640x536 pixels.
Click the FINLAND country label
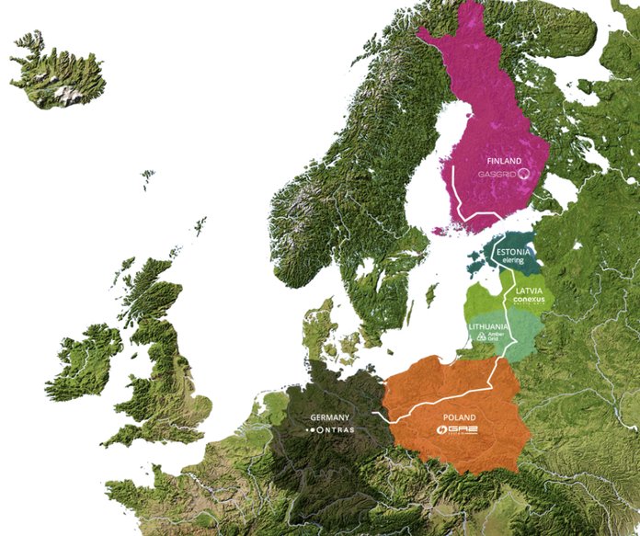pyautogui.click(x=493, y=158)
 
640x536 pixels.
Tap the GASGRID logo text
pyautogui.click(x=497, y=172)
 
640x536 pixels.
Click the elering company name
pyautogui.click(x=510, y=261)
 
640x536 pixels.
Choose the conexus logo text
pyautogui.click(x=531, y=301)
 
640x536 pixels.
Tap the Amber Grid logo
pyautogui.click(x=489, y=336)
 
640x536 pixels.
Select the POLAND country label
pyautogui.click(x=459, y=416)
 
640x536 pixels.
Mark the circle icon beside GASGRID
pyautogui.click(x=524, y=172)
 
